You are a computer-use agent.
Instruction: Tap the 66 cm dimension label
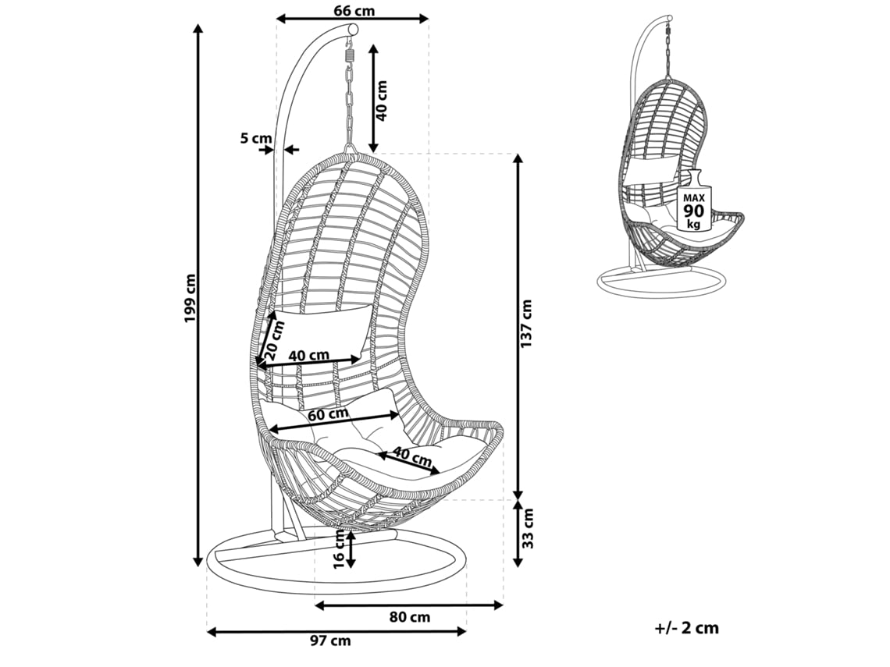click(x=354, y=10)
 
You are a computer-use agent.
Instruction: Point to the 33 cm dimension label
click(x=529, y=530)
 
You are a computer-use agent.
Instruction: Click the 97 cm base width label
click(x=330, y=641)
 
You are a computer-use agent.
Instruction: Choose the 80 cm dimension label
click(x=410, y=617)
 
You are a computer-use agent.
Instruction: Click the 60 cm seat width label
click(x=328, y=414)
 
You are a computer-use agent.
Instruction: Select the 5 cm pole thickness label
click(x=255, y=139)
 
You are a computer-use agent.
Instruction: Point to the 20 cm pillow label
click(x=269, y=341)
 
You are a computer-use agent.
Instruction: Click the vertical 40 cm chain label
click(x=381, y=100)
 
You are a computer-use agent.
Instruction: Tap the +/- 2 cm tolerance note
click(x=687, y=627)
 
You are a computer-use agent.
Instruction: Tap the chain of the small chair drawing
click(x=669, y=51)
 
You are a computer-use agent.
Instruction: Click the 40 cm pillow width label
click(x=308, y=356)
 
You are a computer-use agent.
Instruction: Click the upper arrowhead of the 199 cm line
click(x=198, y=30)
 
